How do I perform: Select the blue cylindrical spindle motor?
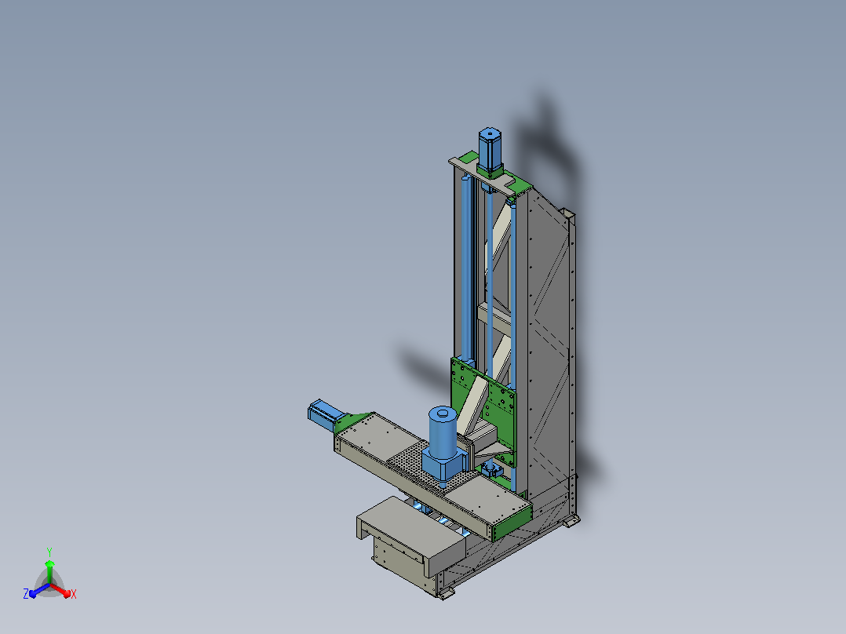[x=443, y=432]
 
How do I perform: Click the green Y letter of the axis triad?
[x=49, y=552]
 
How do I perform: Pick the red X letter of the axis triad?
[x=74, y=594]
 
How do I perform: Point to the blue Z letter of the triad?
[x=26, y=594]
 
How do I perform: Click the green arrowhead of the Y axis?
[x=49, y=564]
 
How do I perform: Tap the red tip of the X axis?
[x=67, y=593]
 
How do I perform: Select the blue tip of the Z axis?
[x=33, y=593]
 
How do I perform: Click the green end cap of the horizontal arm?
[x=512, y=523]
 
